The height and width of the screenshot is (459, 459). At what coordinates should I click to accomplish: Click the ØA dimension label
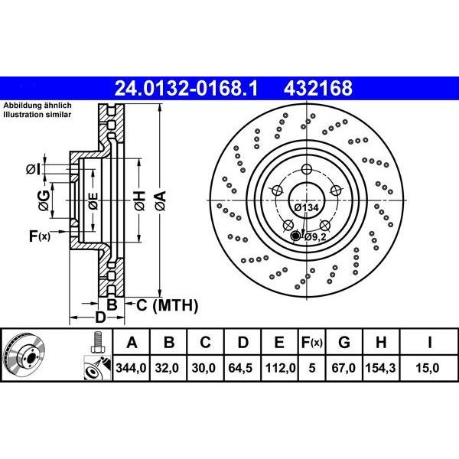tap(160, 203)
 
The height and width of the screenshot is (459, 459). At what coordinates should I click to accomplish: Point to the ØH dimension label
tap(140, 203)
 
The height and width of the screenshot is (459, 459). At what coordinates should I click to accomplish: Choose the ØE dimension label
tap(93, 203)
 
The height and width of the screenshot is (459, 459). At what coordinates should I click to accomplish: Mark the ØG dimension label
tap(44, 202)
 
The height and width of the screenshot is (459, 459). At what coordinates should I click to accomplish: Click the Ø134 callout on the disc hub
tap(305, 207)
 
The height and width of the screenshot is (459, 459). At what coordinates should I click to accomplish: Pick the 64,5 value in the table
tap(242, 368)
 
